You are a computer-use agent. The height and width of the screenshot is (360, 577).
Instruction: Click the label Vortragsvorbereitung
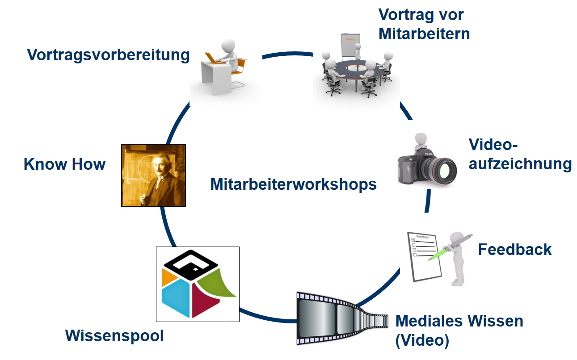tap(108, 55)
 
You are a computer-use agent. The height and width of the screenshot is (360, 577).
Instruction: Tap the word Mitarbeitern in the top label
tap(424, 34)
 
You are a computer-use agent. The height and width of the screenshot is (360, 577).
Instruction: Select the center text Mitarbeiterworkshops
tap(293, 184)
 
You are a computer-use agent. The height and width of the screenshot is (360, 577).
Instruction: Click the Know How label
tap(65, 164)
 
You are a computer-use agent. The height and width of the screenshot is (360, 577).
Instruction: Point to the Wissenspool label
tap(114, 336)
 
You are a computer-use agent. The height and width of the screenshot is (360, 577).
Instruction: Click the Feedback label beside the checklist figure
tap(515, 249)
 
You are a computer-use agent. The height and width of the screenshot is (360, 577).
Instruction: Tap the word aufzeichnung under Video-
tap(520, 164)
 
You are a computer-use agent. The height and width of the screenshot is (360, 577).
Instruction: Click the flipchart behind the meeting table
tap(350, 45)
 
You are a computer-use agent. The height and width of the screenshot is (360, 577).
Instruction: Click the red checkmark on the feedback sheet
tap(413, 239)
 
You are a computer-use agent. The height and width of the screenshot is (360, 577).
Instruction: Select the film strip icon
tap(342, 318)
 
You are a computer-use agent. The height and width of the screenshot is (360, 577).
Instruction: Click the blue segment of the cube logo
tap(176, 298)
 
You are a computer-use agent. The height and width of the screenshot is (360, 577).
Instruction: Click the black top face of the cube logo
tap(191, 265)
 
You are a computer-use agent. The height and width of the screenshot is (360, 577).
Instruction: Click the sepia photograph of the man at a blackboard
tap(153, 176)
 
